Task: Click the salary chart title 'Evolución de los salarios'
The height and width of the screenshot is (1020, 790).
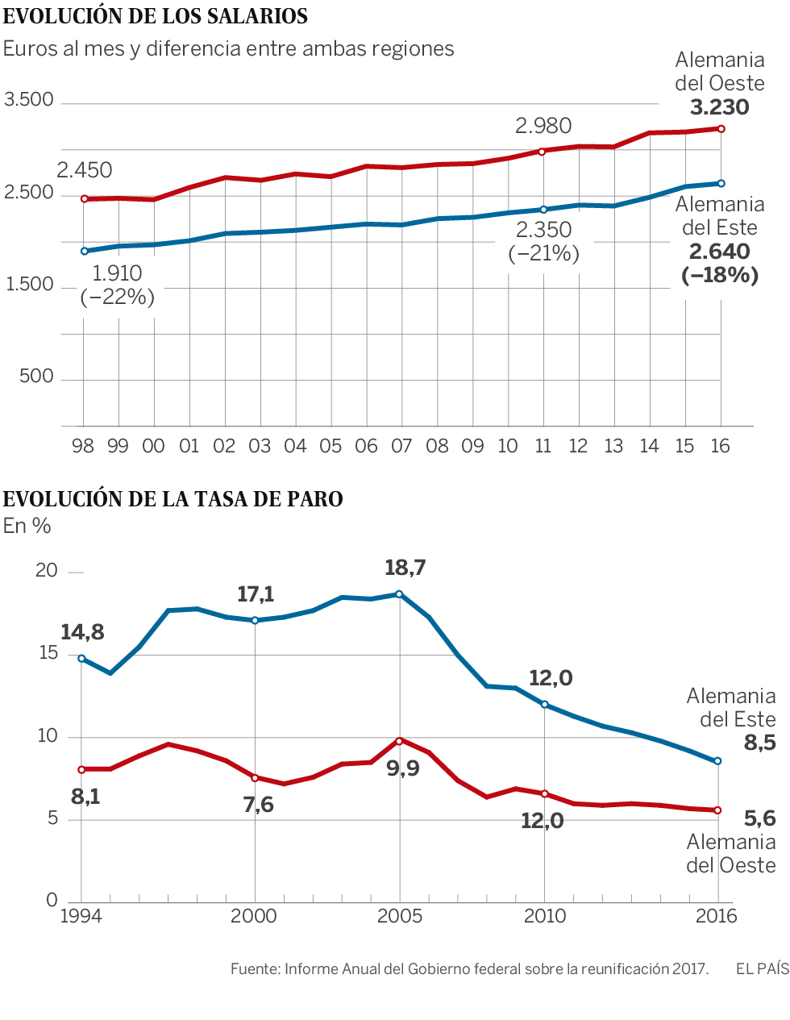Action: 156,16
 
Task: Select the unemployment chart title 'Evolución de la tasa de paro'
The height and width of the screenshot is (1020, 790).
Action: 173,499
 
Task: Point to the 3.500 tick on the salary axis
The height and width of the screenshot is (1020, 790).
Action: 29,100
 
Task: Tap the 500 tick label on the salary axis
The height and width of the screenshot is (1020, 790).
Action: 36,377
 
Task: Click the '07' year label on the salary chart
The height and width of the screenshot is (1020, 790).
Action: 401,446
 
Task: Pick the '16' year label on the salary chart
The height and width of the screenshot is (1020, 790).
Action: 720,446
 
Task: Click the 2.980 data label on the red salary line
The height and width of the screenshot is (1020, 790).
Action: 543,126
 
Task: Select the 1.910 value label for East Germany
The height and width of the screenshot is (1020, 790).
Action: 117,273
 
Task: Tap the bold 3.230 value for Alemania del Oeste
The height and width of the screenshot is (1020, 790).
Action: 720,107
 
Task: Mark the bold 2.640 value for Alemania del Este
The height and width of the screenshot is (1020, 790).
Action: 720,252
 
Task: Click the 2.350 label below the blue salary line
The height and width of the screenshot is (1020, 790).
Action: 544,230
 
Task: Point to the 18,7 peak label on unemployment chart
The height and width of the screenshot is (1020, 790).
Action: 405,568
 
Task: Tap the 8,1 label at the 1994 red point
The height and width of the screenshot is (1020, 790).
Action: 85,797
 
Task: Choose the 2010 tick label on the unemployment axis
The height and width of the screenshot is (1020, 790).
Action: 545,916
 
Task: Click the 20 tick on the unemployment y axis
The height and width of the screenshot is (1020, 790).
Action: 47,571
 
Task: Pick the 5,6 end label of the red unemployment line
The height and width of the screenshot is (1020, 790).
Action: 759,819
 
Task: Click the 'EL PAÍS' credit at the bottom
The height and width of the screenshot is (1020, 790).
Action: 762,968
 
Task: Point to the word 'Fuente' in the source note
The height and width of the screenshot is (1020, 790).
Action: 253,968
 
